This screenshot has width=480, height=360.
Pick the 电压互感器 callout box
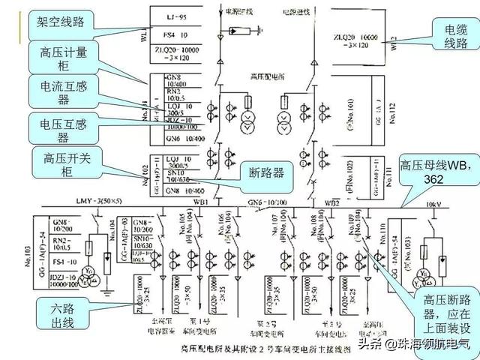(63, 128)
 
